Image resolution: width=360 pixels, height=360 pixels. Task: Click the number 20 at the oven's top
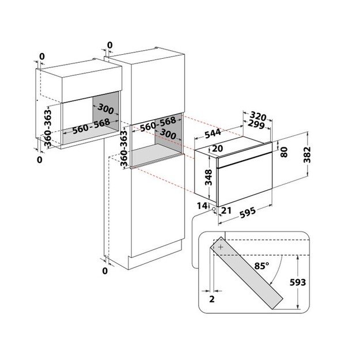tap(217, 149)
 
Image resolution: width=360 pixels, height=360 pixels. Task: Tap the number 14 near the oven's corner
tap(200, 205)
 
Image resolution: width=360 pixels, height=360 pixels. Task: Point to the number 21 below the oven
tap(226, 211)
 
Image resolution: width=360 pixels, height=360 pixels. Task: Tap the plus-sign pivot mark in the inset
tap(220, 246)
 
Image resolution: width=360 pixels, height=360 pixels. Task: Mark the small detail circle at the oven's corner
tap(214, 209)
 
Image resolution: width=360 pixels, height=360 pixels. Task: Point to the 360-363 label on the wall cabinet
tap(48, 124)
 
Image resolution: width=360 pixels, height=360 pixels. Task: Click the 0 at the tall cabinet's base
tap(105, 270)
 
